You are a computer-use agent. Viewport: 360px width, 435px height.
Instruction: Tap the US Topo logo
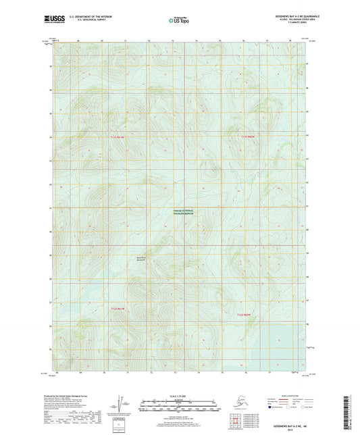click(x=179, y=20)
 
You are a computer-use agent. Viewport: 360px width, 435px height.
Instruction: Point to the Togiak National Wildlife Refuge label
click(x=181, y=211)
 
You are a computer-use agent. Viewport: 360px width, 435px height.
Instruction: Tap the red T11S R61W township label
click(x=118, y=137)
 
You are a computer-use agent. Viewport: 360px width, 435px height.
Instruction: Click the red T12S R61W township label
click(x=118, y=309)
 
